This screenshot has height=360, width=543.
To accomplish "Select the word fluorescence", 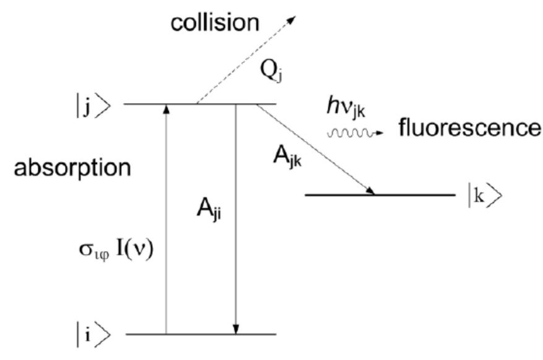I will pyautogui.click(x=469, y=128).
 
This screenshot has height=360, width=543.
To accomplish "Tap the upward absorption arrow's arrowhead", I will pyautogui.click(x=166, y=108).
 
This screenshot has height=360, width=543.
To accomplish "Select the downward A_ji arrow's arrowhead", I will pyautogui.click(x=236, y=330).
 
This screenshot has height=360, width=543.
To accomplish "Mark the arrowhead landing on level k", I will pyautogui.click(x=371, y=191).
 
